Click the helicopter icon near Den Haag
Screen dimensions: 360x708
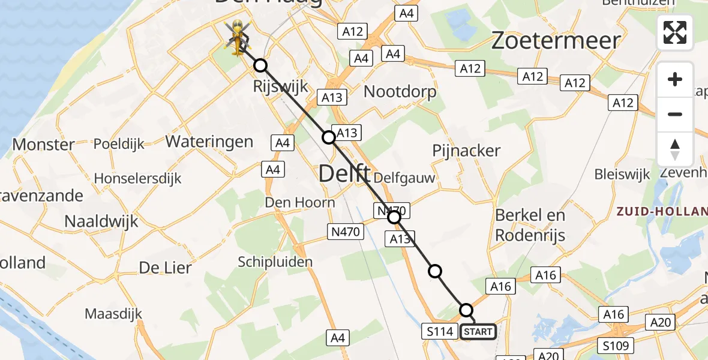tap(238, 36)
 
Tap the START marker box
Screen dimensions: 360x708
tap(478, 332)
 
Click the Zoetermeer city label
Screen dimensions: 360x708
tap(556, 41)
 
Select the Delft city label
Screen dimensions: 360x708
tap(344, 173)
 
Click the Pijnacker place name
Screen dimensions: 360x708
tap(466, 151)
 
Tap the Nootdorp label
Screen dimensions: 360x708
tap(400, 92)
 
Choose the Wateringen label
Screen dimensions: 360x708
tap(209, 142)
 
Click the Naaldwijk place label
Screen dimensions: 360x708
tap(101, 221)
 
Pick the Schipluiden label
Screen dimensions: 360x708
tap(275, 262)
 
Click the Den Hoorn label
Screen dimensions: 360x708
tap(300, 202)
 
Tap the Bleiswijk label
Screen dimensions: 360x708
tap(622, 175)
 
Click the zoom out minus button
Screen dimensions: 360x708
tap(675, 114)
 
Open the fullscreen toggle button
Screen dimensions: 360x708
tap(675, 32)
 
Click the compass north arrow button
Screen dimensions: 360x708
tap(675, 149)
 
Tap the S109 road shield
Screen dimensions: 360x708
tap(616, 346)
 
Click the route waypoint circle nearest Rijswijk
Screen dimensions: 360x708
tap(260, 65)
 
